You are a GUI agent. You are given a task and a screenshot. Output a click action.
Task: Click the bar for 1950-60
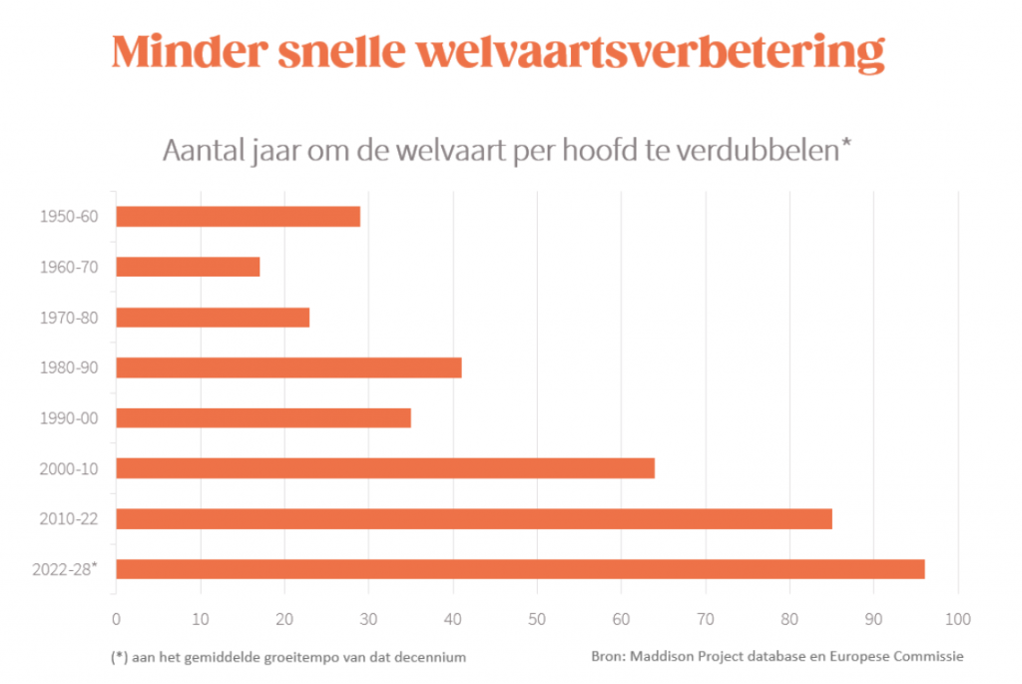[x=238, y=217]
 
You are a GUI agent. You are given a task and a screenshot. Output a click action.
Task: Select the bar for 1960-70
[x=188, y=267]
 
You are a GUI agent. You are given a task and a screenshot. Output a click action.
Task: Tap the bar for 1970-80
[x=213, y=318]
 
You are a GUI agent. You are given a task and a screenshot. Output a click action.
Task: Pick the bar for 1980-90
[x=288, y=367]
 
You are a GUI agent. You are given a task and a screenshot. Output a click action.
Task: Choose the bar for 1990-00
[x=263, y=417]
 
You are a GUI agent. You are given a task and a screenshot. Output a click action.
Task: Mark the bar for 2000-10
[x=385, y=468]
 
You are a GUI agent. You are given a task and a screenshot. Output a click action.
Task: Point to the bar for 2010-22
[x=474, y=519]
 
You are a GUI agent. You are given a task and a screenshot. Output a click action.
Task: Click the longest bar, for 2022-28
[x=520, y=569]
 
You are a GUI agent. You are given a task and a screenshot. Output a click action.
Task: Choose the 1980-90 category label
[x=69, y=367]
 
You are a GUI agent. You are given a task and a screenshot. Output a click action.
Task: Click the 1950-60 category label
[x=69, y=217]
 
